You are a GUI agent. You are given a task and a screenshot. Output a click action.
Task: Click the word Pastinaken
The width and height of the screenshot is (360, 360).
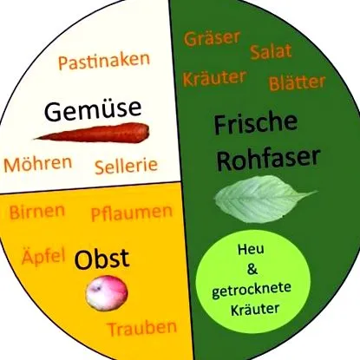104,61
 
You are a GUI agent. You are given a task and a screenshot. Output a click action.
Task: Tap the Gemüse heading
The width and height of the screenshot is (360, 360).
93,110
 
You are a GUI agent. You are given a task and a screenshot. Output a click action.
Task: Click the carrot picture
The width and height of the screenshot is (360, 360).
93,133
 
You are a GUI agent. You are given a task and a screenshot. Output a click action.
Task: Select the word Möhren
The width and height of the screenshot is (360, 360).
38,164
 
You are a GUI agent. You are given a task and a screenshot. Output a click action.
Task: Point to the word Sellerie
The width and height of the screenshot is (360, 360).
127,167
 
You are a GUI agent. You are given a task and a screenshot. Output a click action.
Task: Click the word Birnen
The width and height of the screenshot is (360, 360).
37,212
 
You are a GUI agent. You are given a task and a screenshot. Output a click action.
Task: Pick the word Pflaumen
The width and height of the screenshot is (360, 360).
132,213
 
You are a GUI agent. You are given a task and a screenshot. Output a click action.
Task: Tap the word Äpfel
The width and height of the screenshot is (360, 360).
43,256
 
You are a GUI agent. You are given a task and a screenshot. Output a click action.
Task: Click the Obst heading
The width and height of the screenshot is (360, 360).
101,259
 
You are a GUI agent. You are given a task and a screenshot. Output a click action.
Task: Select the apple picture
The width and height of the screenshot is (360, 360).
107,293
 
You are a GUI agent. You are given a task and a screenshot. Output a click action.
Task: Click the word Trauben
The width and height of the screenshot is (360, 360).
142,329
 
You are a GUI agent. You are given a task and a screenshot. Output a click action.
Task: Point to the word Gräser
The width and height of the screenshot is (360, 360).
213,38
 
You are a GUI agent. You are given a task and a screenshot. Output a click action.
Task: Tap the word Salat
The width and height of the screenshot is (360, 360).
271,52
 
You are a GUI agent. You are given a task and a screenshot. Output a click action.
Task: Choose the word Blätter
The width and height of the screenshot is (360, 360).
298,82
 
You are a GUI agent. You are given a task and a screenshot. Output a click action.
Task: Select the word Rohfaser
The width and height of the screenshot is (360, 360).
269,159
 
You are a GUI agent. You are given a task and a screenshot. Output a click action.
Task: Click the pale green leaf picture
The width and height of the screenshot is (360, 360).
265,199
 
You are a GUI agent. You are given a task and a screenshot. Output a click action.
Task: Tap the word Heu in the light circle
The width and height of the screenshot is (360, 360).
251,249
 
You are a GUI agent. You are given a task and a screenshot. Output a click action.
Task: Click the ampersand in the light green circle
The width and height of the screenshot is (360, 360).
252,270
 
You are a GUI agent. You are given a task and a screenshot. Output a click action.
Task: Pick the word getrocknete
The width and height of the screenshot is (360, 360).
252,290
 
